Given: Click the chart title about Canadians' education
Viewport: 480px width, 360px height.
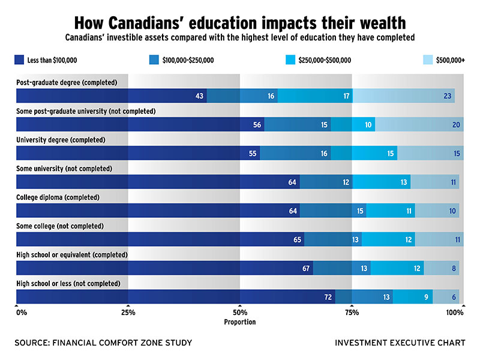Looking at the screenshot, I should (x=240, y=23).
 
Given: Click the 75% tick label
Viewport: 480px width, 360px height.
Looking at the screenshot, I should (x=352, y=313).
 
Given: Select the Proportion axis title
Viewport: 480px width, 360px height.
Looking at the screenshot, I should (x=240, y=322).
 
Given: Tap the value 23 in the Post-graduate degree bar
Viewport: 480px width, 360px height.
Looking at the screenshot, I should (x=448, y=96).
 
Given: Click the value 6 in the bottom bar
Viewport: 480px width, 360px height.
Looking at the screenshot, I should (x=454, y=297).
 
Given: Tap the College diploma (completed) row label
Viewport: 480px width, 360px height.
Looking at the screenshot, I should (x=58, y=197).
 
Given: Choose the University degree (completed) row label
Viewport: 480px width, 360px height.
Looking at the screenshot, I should (x=61, y=140).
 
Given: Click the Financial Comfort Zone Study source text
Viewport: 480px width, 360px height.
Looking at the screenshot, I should (x=103, y=343).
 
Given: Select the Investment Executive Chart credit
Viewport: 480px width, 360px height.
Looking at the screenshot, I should (x=400, y=343).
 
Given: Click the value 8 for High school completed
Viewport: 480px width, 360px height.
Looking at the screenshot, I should (x=454, y=268).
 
